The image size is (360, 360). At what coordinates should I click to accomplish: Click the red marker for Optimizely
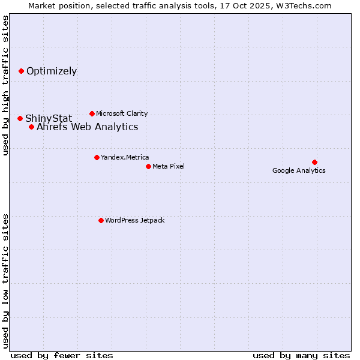click(x=21, y=71)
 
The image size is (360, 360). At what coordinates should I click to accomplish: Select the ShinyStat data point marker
click(x=20, y=118)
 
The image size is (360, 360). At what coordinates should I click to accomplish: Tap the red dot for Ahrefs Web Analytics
click(x=31, y=127)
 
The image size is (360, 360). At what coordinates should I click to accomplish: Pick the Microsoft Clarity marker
click(x=92, y=113)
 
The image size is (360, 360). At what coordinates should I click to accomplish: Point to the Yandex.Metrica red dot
click(x=97, y=157)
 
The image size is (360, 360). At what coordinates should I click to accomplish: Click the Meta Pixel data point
click(x=148, y=166)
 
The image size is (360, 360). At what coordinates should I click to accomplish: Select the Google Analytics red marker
click(x=314, y=162)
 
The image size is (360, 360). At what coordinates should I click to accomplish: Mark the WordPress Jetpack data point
click(x=101, y=220)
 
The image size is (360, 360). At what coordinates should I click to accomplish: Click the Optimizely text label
click(x=52, y=71)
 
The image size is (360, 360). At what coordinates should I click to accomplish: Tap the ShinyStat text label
click(x=49, y=118)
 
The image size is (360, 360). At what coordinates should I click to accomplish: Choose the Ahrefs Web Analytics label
click(x=88, y=127)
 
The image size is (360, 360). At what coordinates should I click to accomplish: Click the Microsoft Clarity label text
click(x=122, y=113)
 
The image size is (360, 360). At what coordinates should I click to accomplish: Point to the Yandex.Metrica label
click(x=125, y=157)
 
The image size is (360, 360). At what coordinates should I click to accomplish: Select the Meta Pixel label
click(x=169, y=166)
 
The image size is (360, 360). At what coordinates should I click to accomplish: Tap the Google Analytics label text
click(x=299, y=170)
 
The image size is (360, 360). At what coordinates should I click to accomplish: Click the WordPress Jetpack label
click(x=134, y=220)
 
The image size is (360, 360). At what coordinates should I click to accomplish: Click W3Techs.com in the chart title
click(x=310, y=5)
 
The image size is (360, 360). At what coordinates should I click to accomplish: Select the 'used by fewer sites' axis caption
click(x=62, y=355)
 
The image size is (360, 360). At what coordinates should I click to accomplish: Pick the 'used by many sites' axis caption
click(x=301, y=355)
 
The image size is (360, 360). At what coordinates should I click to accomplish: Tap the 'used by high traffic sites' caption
click(x=5, y=85)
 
